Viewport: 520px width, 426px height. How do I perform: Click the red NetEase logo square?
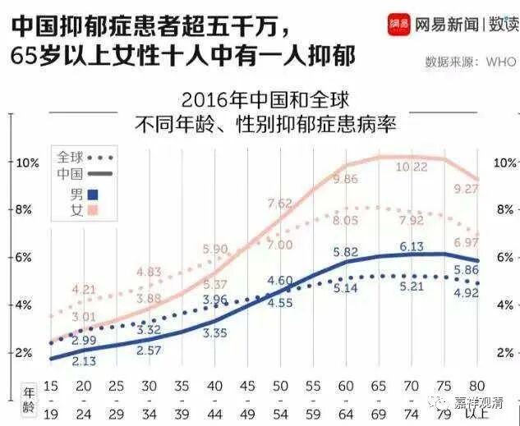(x=399, y=25)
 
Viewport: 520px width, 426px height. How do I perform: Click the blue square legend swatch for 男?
(x=92, y=195)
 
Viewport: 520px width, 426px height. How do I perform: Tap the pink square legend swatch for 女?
(x=92, y=211)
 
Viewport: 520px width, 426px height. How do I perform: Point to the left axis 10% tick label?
(x=26, y=163)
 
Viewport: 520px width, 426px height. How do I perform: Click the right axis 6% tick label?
(x=504, y=257)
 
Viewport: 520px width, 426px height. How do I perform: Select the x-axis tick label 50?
(x=279, y=386)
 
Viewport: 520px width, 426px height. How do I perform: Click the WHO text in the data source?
(x=501, y=62)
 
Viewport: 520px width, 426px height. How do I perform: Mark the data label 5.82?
(x=344, y=252)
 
